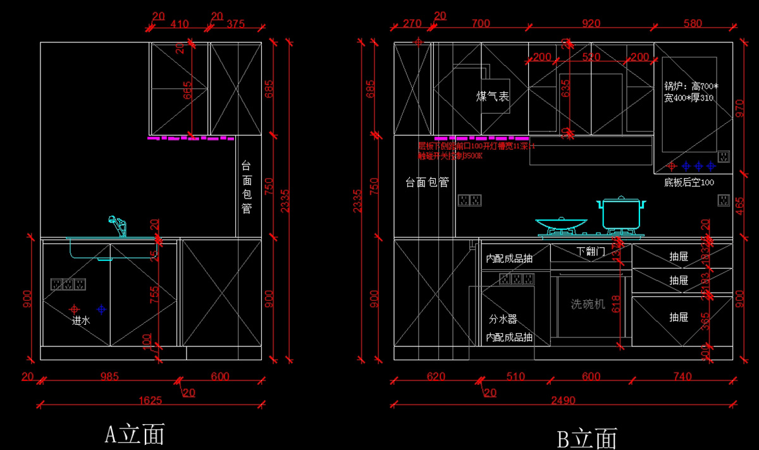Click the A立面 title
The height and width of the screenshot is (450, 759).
(134, 434)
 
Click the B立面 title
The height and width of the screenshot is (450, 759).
(586, 438)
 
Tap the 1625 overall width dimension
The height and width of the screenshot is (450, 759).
(151, 399)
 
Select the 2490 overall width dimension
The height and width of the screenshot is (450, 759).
(562, 399)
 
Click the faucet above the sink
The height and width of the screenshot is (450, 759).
(118, 226)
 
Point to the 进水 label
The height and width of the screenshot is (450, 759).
(81, 320)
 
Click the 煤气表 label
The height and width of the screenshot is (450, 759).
(493, 96)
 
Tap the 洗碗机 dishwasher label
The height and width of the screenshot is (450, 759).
(588, 304)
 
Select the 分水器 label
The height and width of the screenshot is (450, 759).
(503, 319)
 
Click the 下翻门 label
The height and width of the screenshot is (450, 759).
(591, 252)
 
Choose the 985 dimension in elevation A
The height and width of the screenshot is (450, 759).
(109, 377)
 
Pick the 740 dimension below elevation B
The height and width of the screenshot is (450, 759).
(682, 377)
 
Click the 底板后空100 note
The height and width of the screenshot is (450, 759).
(689, 183)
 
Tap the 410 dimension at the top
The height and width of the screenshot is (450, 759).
(180, 24)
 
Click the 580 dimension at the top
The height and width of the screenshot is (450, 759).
(693, 24)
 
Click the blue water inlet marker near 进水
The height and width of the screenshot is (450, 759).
(102, 309)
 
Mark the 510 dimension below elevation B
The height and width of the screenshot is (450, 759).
(515, 377)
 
